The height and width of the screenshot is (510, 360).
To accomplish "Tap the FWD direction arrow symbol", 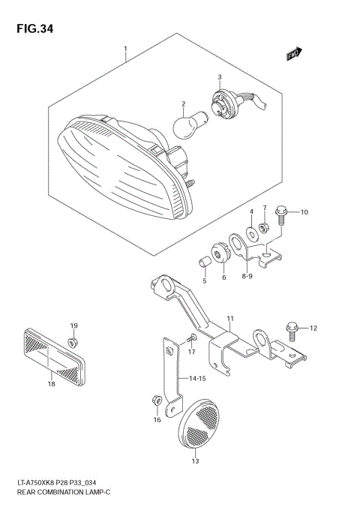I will (x=292, y=53).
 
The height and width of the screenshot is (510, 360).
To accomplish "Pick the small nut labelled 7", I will (x=264, y=227).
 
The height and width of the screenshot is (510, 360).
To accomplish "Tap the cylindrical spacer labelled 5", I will (x=202, y=263).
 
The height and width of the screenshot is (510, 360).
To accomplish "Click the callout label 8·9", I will (x=247, y=277).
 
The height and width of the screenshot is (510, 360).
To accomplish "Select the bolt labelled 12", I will (x=292, y=328).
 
